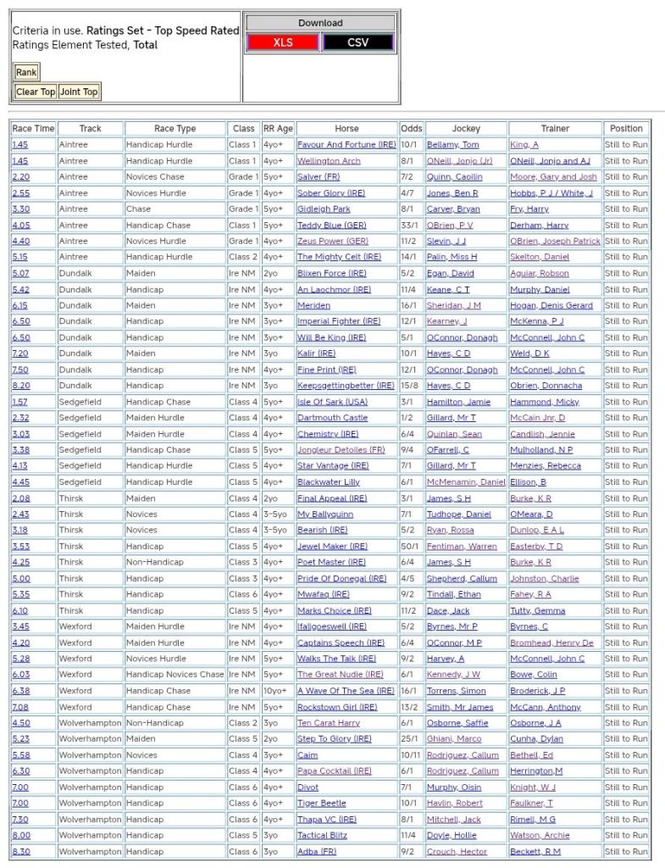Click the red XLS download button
(283, 42)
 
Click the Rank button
(26, 73)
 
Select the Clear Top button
(36, 92)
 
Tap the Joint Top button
(79, 92)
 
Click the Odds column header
(412, 129)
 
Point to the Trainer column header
(555, 129)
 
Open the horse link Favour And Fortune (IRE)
(346, 145)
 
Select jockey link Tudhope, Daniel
(458, 515)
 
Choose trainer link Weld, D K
(529, 353)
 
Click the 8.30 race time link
(20, 852)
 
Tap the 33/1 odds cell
(412, 225)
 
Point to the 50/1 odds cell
(412, 547)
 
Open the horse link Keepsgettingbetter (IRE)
(346, 386)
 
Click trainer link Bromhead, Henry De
(551, 643)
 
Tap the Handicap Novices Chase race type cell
(175, 675)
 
